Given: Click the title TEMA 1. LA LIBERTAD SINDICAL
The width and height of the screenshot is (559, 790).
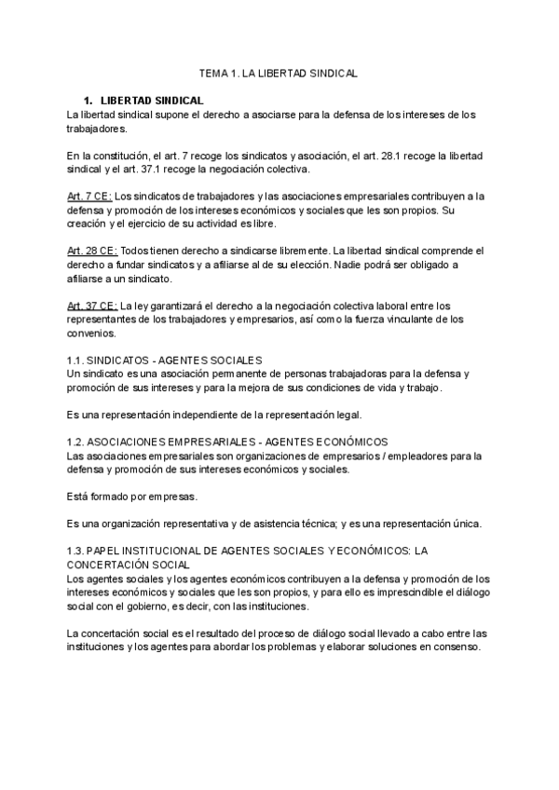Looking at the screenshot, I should tap(279, 72).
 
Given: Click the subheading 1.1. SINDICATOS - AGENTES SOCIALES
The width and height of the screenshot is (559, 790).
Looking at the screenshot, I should tap(165, 360).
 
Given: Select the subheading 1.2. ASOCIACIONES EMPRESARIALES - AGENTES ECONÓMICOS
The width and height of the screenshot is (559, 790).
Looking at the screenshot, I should tap(228, 441).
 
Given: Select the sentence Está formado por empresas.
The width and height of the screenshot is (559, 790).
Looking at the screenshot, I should tap(132, 497).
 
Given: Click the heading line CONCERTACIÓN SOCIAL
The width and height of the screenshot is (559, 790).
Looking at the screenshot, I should tap(129, 565).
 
